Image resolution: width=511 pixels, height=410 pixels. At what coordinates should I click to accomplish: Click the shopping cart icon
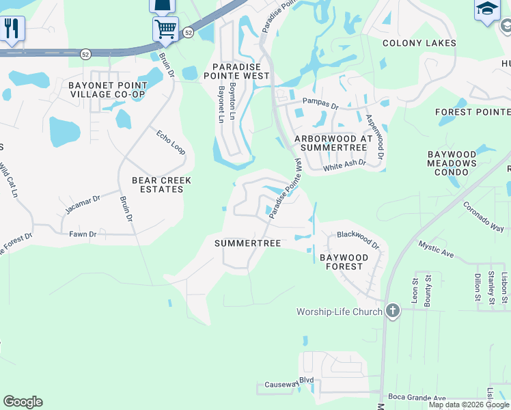point(165,29)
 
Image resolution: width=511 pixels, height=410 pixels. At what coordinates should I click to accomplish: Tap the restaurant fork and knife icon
point(12,29)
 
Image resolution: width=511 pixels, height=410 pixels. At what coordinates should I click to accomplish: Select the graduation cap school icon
point(487,10)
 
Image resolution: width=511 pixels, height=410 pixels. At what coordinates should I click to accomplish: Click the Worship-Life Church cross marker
point(392,312)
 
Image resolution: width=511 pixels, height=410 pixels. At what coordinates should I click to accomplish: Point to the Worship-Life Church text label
point(340,312)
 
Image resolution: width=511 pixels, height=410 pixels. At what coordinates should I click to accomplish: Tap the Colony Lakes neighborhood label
point(419,43)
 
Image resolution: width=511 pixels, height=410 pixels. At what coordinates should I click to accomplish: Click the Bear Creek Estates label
point(162,184)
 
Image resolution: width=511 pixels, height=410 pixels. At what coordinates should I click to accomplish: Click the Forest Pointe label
point(473,112)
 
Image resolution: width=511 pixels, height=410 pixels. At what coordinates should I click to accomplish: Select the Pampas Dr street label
point(320,106)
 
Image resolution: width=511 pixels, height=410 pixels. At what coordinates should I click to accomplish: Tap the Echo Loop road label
point(171,141)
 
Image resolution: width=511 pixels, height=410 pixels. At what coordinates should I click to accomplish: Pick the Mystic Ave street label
point(436,249)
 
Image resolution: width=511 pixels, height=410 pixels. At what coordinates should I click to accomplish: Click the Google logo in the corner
point(23,402)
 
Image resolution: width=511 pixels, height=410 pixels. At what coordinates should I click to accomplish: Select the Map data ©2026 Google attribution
point(469,405)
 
